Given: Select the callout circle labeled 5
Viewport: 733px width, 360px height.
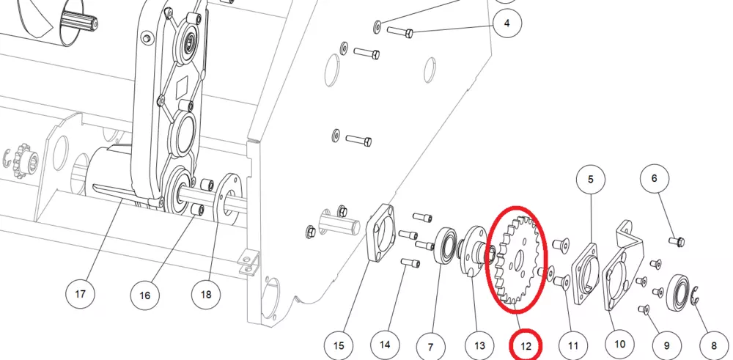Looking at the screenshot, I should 590,178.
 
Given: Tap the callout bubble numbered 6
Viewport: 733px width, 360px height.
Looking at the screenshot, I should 655,178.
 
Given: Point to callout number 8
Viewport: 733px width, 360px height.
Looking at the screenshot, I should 710,342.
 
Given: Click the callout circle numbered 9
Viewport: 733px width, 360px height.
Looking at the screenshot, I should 666,342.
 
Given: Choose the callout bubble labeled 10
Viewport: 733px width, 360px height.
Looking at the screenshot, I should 619,342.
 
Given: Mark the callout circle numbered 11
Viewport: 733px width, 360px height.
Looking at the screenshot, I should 573,342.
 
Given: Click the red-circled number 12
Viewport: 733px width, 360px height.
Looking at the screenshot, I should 526,342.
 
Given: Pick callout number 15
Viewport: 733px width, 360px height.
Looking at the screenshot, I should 338,342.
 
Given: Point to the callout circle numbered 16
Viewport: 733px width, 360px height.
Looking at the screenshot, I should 144,295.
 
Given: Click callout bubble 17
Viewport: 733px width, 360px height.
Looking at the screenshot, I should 81,295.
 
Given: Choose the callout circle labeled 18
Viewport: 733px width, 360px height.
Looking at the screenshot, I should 205,295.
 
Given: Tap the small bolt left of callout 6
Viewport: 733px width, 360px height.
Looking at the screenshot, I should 677,240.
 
